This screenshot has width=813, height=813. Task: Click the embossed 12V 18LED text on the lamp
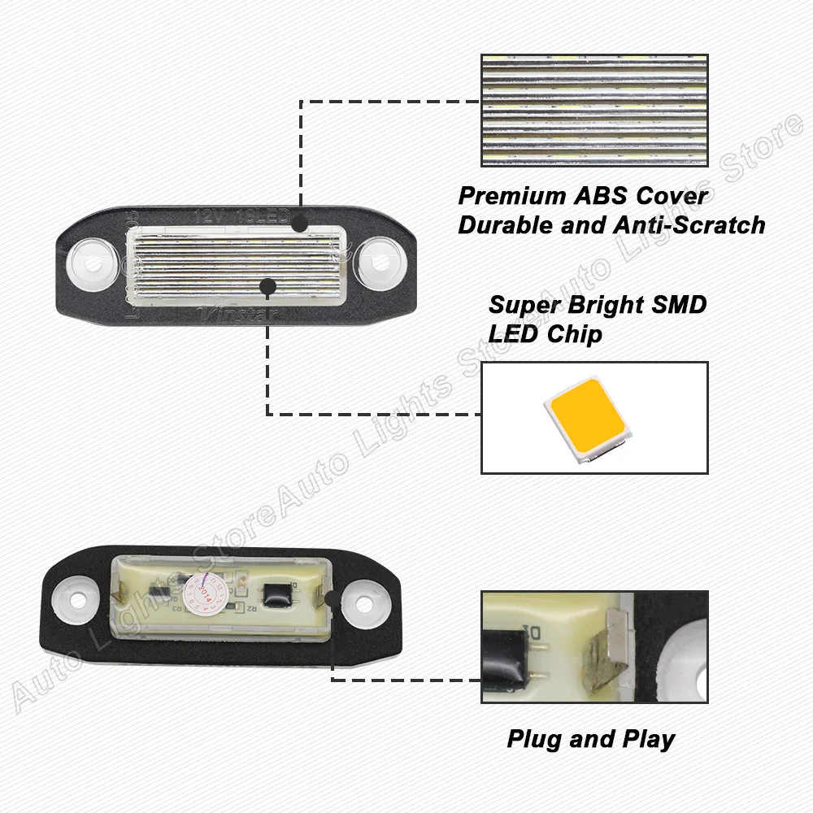coord(241,216)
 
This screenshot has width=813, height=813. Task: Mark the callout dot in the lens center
coord(266,285)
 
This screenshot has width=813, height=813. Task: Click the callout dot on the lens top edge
coord(300,223)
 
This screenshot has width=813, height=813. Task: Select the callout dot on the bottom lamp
coord(332,599)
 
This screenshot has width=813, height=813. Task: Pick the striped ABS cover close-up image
coord(594,111)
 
